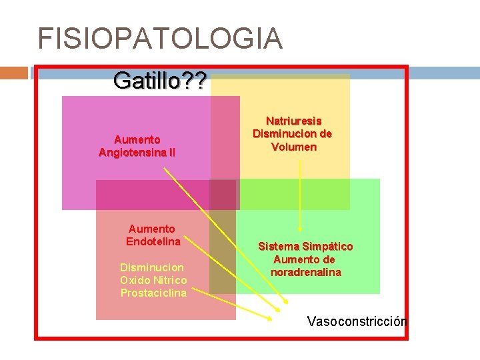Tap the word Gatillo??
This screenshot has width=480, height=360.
tap(160, 81)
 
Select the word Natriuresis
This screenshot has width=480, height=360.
tap(293, 121)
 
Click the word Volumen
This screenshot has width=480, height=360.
tap(293, 146)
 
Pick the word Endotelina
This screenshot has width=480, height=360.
tap(153, 241)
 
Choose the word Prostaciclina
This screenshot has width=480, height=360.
tap(153, 293)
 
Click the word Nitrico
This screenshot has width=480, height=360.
tap(169, 280)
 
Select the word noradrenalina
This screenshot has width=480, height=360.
tap(305, 272)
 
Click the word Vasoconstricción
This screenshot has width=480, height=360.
tap(357, 321)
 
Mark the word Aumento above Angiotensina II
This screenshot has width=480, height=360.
tap(137, 139)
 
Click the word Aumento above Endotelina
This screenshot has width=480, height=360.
tap(152, 229)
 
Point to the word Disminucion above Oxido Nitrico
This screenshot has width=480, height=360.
tap(153, 267)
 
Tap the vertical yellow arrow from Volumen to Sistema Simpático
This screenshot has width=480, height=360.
tap(300, 193)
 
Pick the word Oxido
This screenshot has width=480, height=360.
tap(136, 280)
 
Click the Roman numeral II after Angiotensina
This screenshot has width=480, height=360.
tap(172, 152)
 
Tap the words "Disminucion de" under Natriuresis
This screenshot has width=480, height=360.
tap(292, 133)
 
